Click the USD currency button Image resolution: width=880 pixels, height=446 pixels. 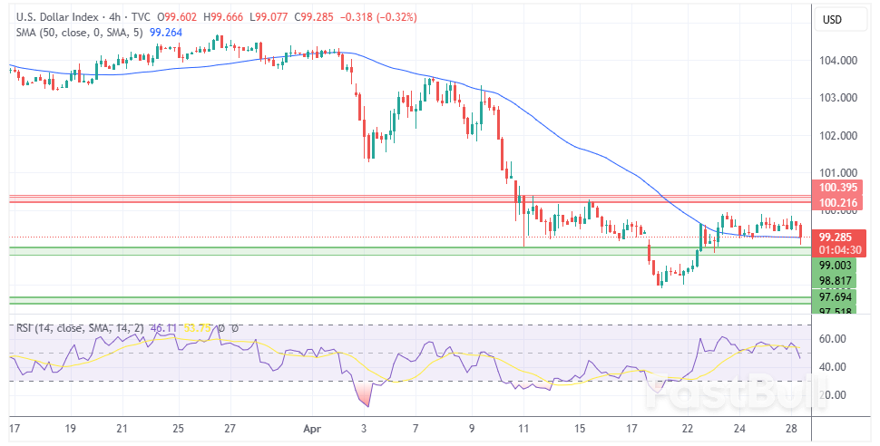pos(833,20)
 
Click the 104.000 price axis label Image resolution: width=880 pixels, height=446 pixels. pos(837,61)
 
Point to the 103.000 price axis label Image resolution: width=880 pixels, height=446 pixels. pos(837,98)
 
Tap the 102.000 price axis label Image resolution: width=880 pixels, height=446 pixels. pos(837,136)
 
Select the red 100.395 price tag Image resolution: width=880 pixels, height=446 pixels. pos(838,188)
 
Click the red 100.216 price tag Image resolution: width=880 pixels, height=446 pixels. pos(838,204)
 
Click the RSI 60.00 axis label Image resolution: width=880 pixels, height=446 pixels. pos(833,338)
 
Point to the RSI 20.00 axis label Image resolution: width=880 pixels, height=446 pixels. pos(833,394)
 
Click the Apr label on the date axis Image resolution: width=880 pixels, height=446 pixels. pos(311,427)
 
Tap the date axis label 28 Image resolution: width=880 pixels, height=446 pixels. pos(791,427)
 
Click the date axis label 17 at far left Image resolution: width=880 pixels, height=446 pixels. pos(15,427)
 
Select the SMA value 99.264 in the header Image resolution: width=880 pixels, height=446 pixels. pos(166,32)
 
